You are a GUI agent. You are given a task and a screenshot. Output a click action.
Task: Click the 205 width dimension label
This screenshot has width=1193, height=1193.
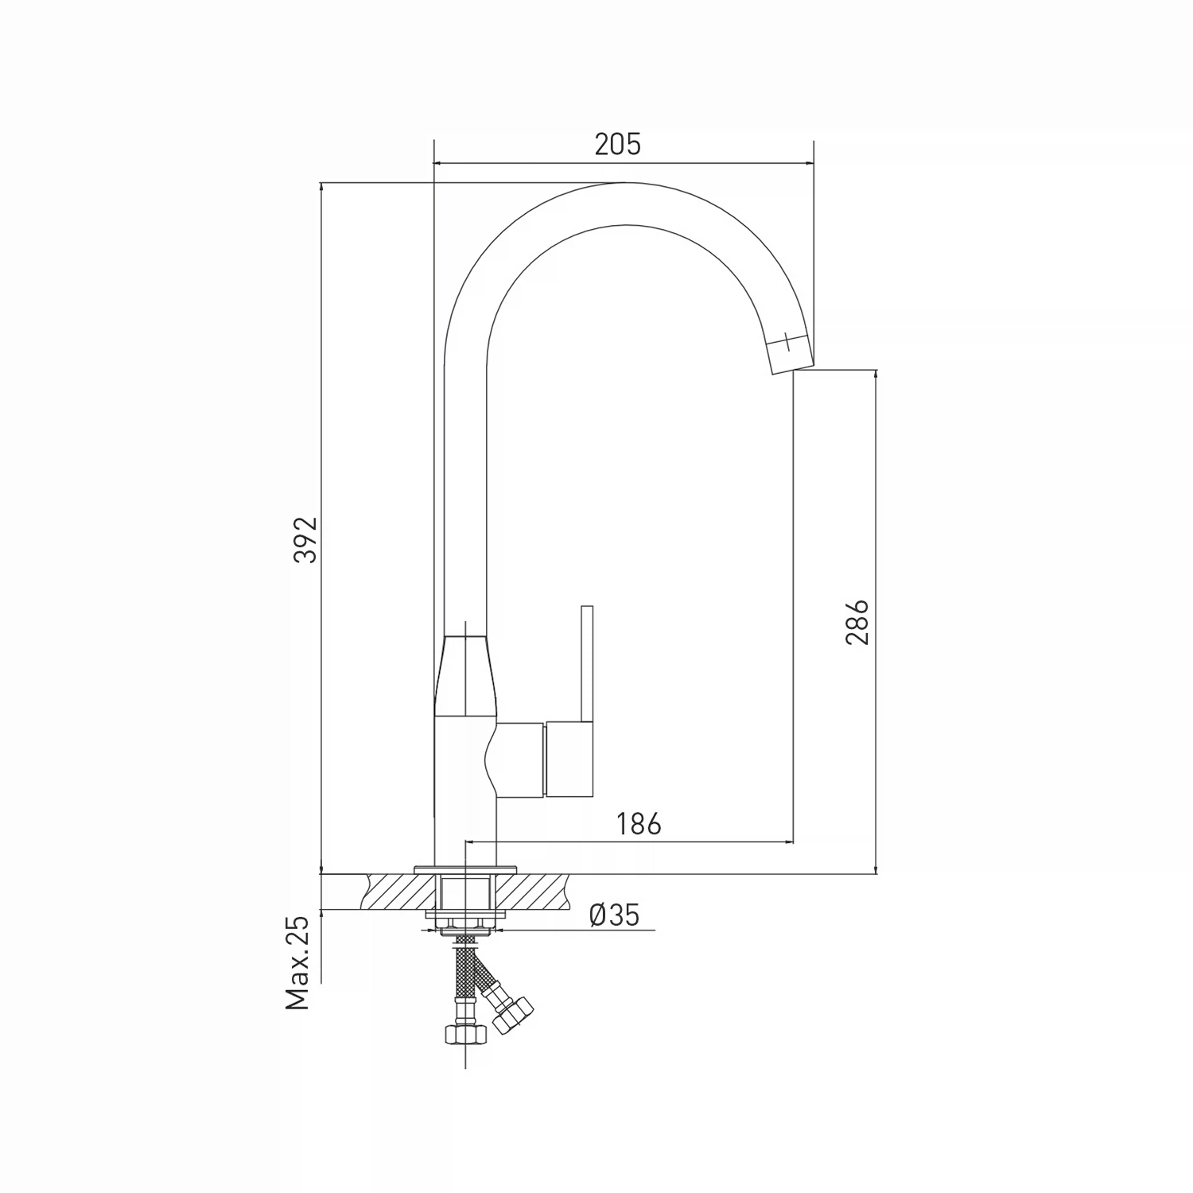point(617,145)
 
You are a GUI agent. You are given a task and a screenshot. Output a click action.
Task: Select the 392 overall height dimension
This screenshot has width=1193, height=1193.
point(305,539)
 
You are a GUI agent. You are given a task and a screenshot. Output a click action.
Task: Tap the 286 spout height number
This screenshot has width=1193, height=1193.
point(857,622)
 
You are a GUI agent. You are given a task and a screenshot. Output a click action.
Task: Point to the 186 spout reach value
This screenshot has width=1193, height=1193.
point(639,824)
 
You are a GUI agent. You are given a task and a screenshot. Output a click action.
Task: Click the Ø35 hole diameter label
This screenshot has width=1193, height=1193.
point(614,915)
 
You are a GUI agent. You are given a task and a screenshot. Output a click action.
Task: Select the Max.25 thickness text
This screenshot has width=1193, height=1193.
point(297,962)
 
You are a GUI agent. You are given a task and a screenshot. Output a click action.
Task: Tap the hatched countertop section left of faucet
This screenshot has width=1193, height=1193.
point(398,892)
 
